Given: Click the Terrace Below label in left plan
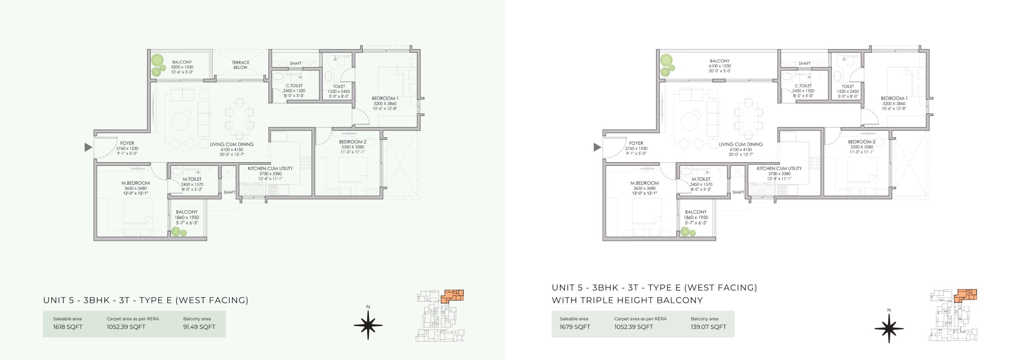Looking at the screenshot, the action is point(241,65).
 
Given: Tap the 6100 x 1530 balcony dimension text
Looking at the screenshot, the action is point(720,66).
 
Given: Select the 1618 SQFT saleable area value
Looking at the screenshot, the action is point(68,327).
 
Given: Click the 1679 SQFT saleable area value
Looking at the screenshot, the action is point(575,327).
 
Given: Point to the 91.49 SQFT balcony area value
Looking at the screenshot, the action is point(199,327).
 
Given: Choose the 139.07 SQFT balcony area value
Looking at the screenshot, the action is point(708,327).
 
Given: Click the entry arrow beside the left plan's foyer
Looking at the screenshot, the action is point(88,148).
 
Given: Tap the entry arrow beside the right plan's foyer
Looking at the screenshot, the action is point(597,148).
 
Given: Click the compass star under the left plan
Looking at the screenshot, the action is point(368,325).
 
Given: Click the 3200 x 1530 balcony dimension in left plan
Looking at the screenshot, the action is point(182,67).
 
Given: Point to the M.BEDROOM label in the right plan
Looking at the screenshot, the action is point(645,183).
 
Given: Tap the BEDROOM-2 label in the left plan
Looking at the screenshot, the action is point(353,142).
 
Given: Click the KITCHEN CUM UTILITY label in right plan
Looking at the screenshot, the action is point(779,169).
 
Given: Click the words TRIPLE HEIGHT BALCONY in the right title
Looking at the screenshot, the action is point(642,300).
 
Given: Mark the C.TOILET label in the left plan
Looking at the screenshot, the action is point(294,86).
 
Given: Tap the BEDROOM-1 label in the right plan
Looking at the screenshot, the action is point(894,99).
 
